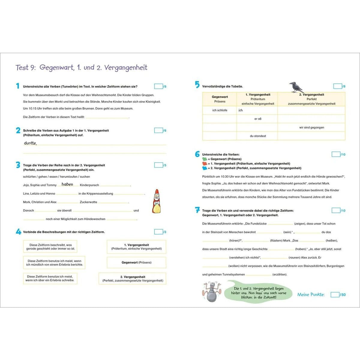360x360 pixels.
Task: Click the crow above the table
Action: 296,87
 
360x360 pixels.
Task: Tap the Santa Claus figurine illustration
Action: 156,202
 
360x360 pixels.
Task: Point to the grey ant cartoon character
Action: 212,291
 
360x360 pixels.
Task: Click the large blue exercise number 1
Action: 18,86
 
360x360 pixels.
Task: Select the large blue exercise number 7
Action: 197,210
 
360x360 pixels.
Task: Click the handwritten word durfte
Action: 30,143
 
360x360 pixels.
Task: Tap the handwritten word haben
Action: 67,184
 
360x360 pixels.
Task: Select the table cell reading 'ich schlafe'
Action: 220,110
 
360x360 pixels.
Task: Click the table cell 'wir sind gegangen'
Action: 311,127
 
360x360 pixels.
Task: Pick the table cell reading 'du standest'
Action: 258,136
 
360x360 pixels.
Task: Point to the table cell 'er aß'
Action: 258,119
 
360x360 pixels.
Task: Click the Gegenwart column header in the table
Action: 220,99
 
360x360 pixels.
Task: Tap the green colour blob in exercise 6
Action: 205,159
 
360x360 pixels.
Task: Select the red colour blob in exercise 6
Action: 205,163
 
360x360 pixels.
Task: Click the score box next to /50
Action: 335,295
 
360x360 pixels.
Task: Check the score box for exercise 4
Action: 158,232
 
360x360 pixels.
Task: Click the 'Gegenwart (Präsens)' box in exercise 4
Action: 136,262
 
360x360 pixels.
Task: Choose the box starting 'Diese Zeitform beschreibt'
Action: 50,247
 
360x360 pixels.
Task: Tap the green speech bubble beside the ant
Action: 259,292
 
